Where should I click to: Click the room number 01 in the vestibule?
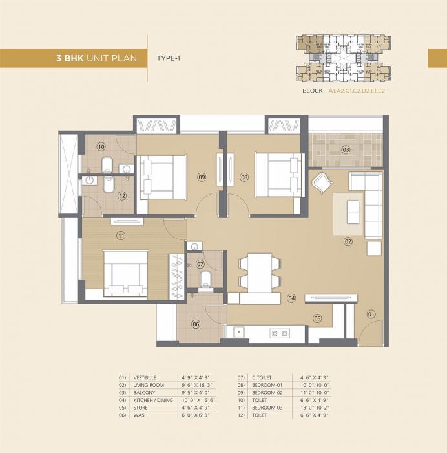tap(371, 315)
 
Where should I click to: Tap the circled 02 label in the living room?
tap(348, 241)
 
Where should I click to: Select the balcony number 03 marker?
tap(346, 150)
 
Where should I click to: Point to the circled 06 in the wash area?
tap(196, 324)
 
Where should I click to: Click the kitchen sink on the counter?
tap(238, 333)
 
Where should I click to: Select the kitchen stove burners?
tap(280, 333)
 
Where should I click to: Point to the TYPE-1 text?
tap(169, 58)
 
